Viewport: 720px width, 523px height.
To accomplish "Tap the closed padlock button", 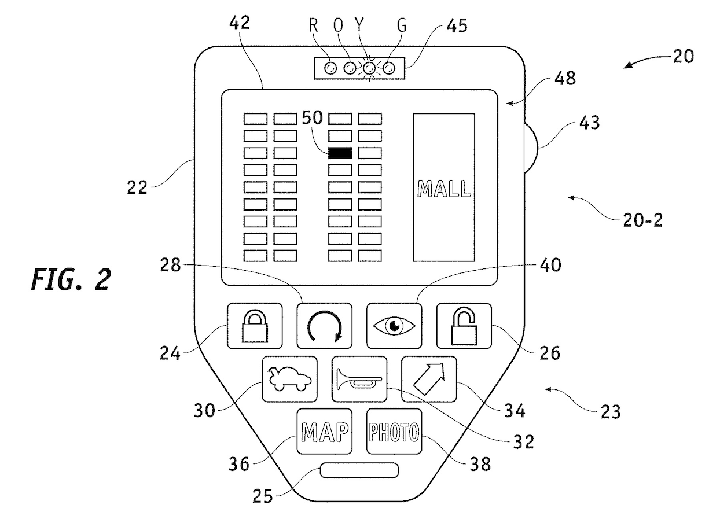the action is pyautogui.click(x=255, y=326).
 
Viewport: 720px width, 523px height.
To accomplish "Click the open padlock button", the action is pyautogui.click(x=464, y=326).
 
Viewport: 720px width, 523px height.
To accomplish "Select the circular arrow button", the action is pyautogui.click(x=324, y=326).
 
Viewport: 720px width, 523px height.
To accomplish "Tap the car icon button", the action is pyautogui.click(x=289, y=379).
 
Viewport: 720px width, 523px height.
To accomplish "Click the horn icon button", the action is pyautogui.click(x=359, y=379).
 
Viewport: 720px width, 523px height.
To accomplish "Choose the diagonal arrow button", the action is pyautogui.click(x=429, y=379).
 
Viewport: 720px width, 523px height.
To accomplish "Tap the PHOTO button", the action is pyautogui.click(x=394, y=431).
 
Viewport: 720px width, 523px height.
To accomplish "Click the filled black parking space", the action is pyautogui.click(x=340, y=153).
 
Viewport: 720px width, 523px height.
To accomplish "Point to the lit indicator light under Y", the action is pyautogui.click(x=369, y=68).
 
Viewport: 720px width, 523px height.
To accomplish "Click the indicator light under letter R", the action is pyautogui.click(x=330, y=68).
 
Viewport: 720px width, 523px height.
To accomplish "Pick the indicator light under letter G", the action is pyautogui.click(x=388, y=68).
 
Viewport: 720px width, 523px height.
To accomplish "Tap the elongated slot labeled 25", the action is pyautogui.click(x=359, y=470).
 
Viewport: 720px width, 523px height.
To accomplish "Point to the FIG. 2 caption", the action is pyautogui.click(x=71, y=279).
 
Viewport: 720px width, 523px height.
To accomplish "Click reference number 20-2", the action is pyautogui.click(x=642, y=220).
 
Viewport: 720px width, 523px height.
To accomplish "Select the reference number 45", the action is pyautogui.click(x=457, y=25).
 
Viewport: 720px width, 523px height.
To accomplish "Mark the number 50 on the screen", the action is pyautogui.click(x=312, y=117).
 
